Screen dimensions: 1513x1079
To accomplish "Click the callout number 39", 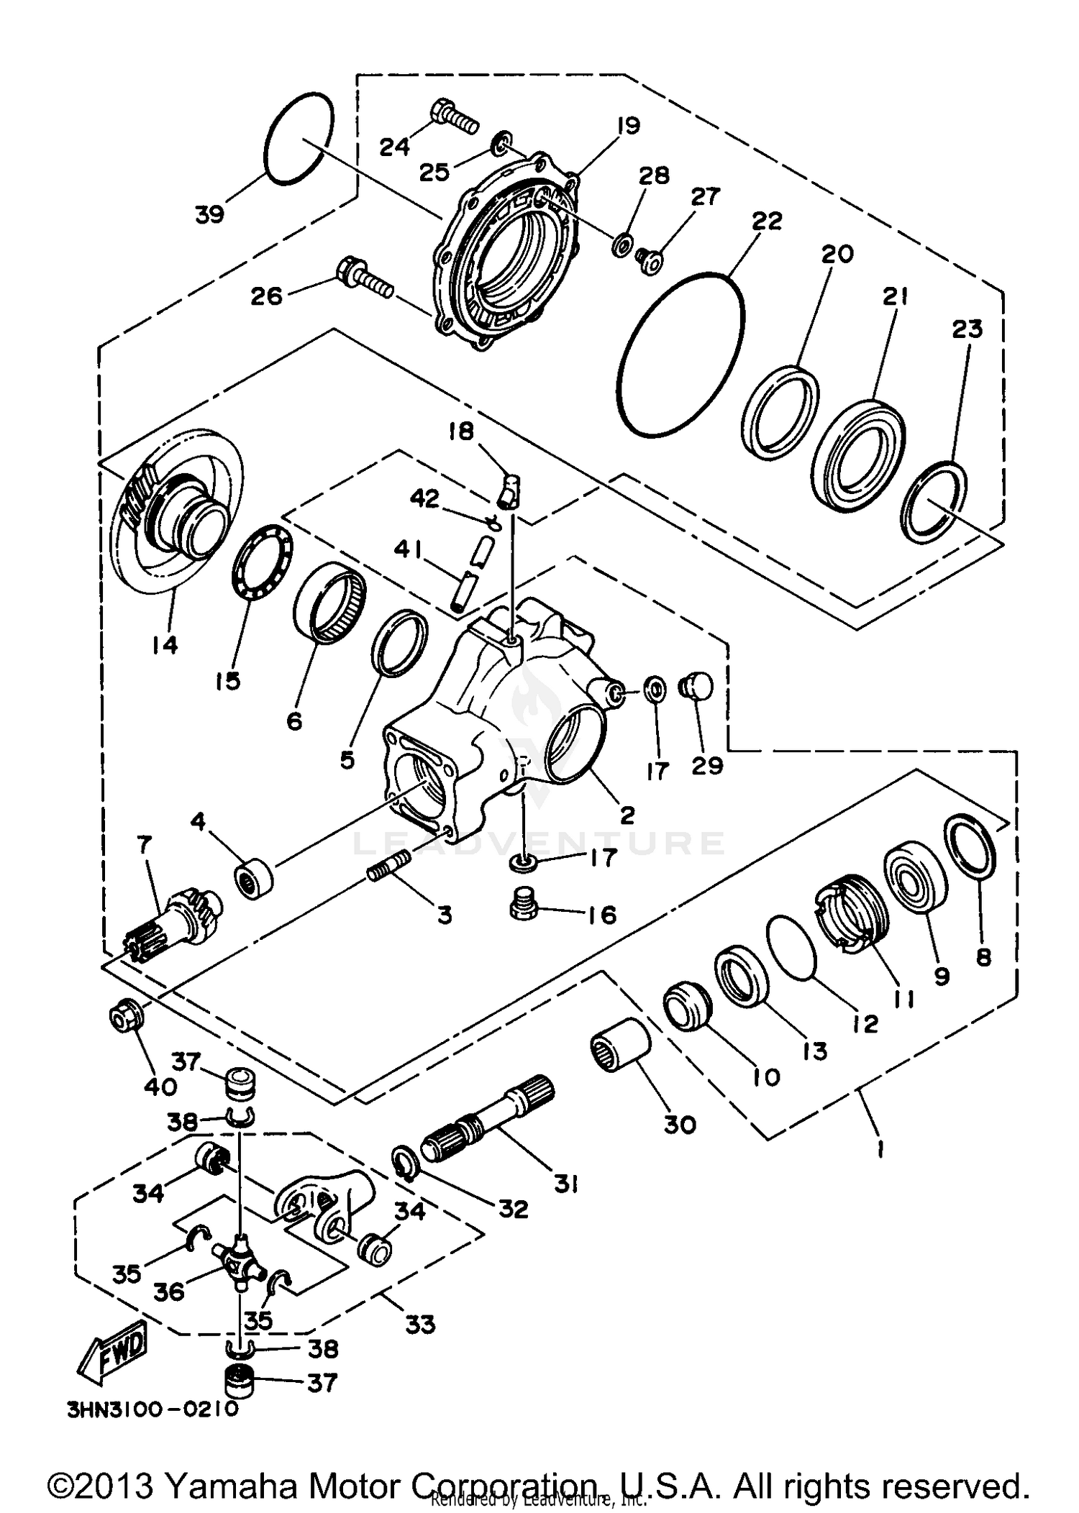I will pyautogui.click(x=210, y=214).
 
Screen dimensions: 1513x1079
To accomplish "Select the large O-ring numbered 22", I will pyautogui.click(x=680, y=354).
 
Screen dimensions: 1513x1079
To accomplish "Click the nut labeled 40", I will pyautogui.click(x=125, y=1018).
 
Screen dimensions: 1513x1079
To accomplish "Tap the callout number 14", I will pyautogui.click(x=165, y=645).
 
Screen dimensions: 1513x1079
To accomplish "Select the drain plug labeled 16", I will pyautogui.click(x=524, y=903).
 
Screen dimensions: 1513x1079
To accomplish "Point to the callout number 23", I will pyautogui.click(x=967, y=329).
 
